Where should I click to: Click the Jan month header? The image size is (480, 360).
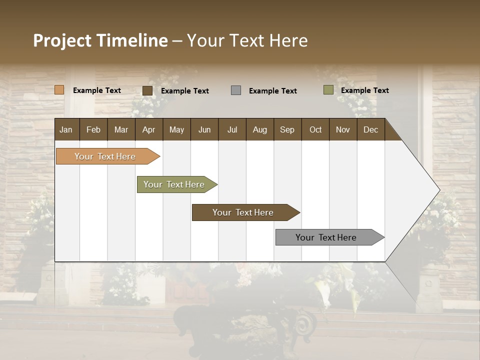point(66,129)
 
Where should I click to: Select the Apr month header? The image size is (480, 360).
point(148,129)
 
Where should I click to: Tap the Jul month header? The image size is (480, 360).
point(232,129)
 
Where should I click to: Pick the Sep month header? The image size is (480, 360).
point(287,129)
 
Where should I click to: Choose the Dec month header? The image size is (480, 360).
point(370,129)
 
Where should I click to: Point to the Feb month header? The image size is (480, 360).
point(93,129)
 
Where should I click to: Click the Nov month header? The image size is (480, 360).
point(342,129)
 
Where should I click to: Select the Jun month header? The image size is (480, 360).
point(204,129)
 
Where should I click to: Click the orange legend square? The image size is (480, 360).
point(59,90)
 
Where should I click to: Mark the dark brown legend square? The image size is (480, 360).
point(147,90)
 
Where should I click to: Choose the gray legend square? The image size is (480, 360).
point(236,90)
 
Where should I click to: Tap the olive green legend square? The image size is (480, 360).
point(328,90)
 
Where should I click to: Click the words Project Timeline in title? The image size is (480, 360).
point(100,40)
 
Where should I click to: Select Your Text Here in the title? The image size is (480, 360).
point(247,40)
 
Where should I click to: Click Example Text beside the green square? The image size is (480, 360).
point(364,90)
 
